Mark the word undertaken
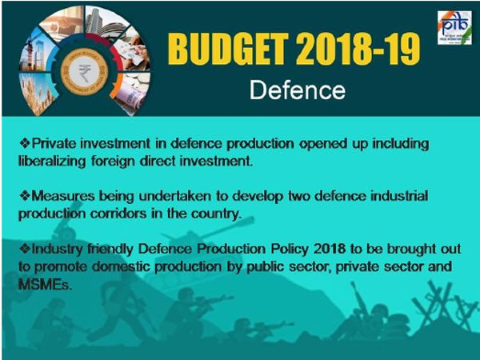[162, 196]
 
